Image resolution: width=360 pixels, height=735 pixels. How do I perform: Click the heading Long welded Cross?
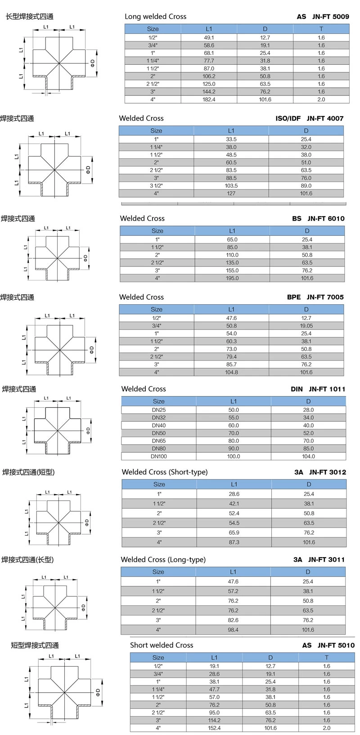point(155,17)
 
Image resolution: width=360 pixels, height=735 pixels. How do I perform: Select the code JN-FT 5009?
point(330,17)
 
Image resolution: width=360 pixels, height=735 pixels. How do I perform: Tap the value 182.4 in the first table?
point(209,99)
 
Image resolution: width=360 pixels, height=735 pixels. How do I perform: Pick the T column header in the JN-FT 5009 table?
point(321,29)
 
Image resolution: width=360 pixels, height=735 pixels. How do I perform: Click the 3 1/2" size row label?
point(156,186)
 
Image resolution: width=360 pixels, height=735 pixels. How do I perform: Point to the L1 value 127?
point(231,194)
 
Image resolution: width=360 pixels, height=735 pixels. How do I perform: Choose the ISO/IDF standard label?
point(288,118)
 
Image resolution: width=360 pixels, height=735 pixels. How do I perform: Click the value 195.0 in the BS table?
point(232,278)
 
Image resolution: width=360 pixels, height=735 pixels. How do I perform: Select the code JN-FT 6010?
point(326,219)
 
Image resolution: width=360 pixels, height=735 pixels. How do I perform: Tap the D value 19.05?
point(306,326)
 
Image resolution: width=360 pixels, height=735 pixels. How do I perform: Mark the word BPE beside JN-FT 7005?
point(294,297)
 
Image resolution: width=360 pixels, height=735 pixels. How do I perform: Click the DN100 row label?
point(158,456)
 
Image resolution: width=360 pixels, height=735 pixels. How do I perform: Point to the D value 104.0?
point(308,456)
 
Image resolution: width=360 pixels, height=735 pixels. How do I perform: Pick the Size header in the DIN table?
point(158,401)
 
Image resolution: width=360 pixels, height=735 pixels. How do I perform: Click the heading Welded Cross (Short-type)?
point(165,472)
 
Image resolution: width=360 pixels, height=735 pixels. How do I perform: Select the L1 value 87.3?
point(234,542)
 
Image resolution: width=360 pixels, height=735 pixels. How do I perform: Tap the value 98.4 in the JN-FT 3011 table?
point(233,630)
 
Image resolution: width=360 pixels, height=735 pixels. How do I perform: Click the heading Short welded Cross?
point(162,645)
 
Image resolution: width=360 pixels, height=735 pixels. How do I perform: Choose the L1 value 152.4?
point(214,728)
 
